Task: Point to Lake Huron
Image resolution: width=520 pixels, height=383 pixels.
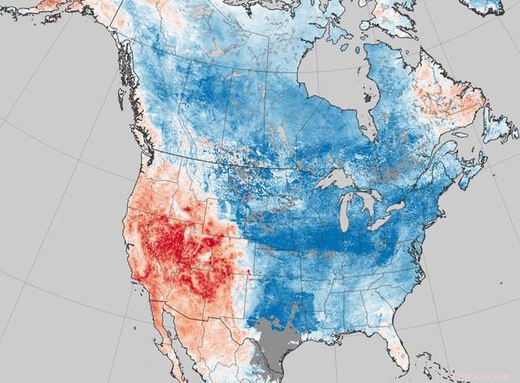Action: click(x=370, y=200)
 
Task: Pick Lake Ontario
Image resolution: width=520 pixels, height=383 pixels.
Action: click(x=398, y=207)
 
